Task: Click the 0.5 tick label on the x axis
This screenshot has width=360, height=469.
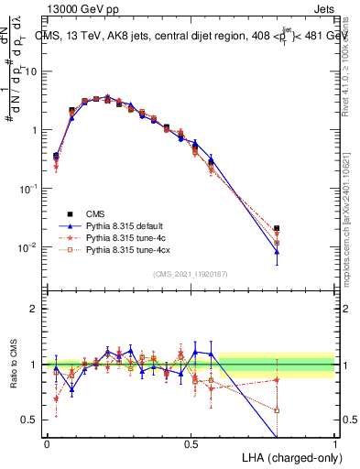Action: tap(191, 443)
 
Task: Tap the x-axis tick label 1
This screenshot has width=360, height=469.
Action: tap(335, 443)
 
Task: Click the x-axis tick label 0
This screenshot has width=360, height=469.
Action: tap(47, 443)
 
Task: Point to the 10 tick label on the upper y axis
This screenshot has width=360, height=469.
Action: tap(33, 71)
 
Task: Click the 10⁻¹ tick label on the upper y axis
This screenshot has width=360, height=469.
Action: tap(30, 189)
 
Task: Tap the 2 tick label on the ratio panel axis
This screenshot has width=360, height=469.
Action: tap(36, 309)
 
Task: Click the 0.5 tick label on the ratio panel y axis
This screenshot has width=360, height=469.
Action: tap(32, 420)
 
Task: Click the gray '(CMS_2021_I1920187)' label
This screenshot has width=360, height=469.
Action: tap(191, 275)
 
